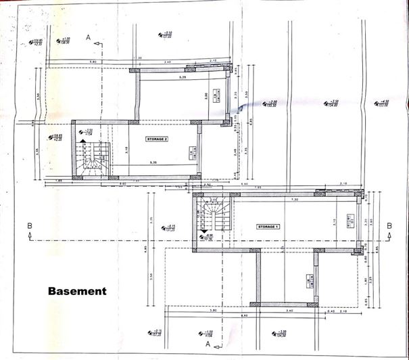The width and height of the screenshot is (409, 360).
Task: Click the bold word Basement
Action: click(77, 292)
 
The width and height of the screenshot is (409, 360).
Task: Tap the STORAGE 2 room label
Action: click(157, 138)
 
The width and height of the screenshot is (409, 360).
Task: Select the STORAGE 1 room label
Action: click(266, 227)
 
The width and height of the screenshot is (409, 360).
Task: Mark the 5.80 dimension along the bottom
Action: click(213, 311)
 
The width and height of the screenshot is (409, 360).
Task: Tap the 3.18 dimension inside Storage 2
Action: click(128, 151)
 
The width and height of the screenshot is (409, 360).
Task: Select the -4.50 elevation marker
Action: click(332, 103)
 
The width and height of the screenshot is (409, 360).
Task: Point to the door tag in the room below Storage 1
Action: click(309, 279)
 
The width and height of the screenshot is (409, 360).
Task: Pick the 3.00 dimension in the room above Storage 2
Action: click(206, 97)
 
